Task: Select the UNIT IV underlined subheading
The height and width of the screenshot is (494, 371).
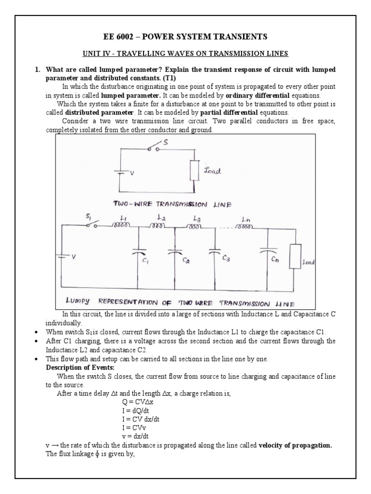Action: pos(185,55)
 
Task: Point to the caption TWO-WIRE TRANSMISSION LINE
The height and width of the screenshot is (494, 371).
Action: pos(172,204)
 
